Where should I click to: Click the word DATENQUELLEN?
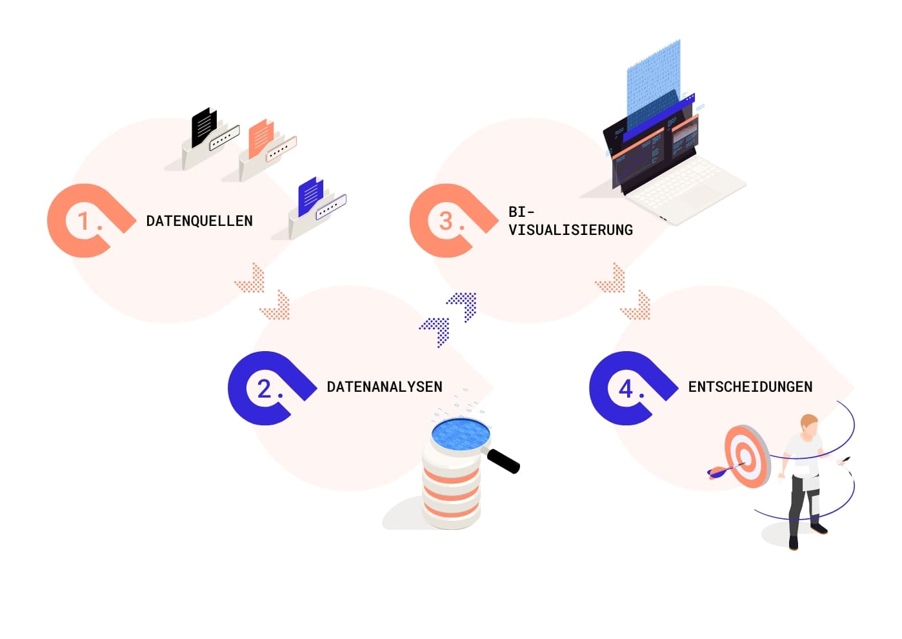(x=199, y=221)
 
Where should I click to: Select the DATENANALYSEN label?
(x=385, y=387)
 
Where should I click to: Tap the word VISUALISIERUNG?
(x=570, y=230)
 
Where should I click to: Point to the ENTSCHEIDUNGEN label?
(x=750, y=387)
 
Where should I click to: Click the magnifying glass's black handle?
(x=503, y=460)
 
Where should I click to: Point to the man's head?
(x=809, y=425)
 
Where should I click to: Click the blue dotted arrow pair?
(x=449, y=319)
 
